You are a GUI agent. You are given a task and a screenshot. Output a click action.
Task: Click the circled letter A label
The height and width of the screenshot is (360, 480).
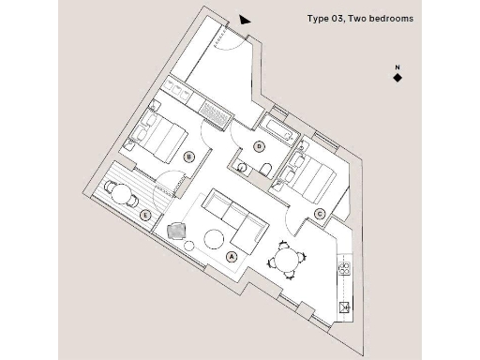[232, 256]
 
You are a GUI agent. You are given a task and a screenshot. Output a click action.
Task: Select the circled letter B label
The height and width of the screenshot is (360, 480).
[189, 157]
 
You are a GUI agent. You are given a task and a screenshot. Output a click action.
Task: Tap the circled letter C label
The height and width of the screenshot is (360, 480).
[320, 215]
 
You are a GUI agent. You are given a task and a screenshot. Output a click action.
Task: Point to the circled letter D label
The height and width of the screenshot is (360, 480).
[259, 145]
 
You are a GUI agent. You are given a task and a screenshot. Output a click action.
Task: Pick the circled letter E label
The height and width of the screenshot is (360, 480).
[144, 215]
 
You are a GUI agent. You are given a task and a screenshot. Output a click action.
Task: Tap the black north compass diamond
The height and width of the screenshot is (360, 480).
[397, 78]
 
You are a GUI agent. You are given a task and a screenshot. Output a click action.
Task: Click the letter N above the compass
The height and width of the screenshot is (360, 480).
[397, 67]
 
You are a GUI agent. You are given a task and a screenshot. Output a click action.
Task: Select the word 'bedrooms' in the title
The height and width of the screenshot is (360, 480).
[388, 19]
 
